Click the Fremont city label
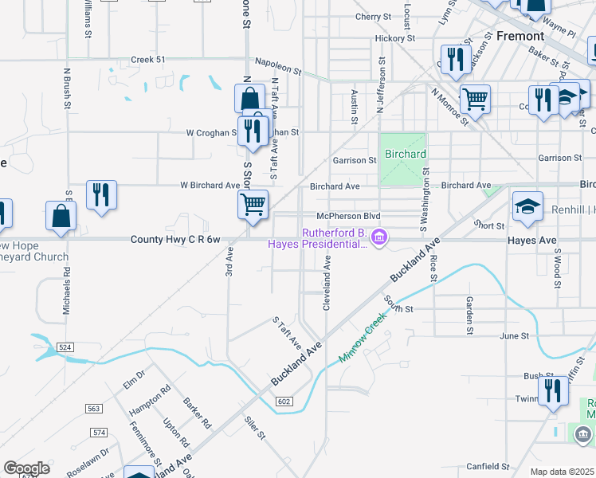point(520,36)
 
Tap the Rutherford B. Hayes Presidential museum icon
point(380,237)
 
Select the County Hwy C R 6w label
point(174,239)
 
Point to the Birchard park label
point(406,154)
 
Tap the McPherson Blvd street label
point(348,216)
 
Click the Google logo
point(26,468)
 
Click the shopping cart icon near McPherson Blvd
point(253,204)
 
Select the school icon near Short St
point(527,207)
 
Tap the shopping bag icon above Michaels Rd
point(61,216)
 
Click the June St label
point(514,336)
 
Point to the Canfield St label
point(488,466)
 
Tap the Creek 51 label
point(148,60)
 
